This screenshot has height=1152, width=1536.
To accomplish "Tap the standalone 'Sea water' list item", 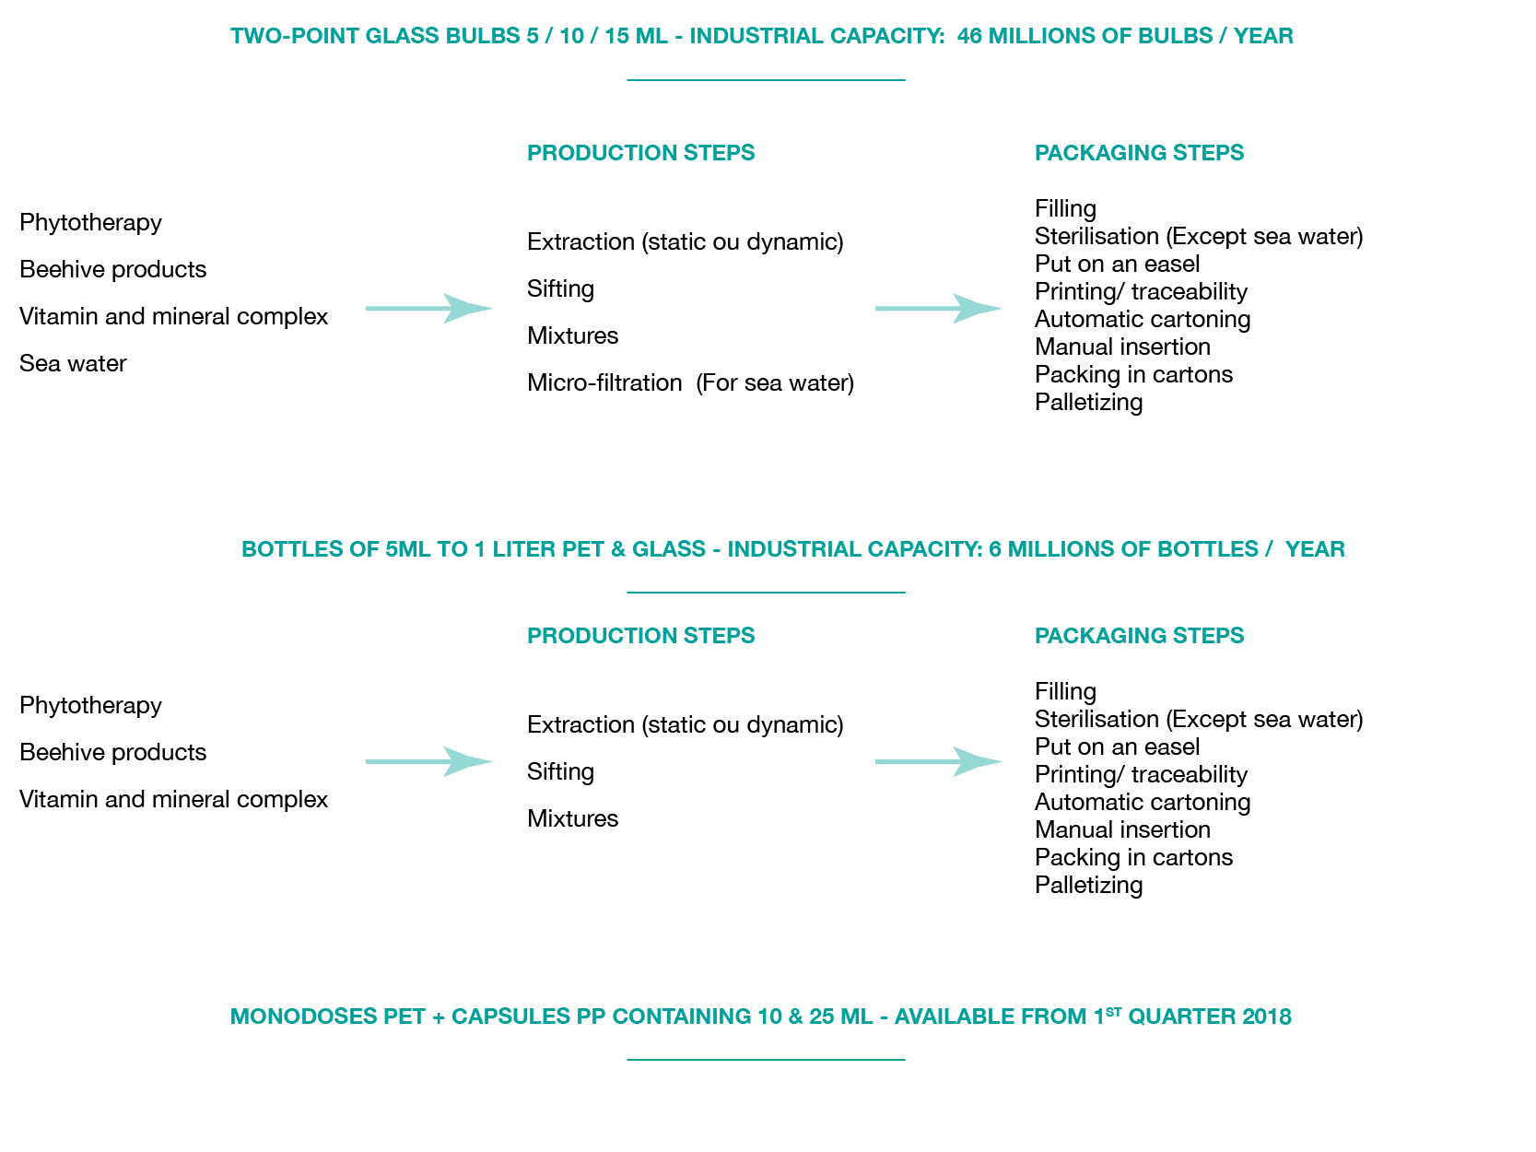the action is pos(73,363).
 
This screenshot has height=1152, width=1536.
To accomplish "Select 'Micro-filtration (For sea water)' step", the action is pos(690,382).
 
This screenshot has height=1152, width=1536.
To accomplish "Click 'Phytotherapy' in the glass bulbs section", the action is pos(90,222).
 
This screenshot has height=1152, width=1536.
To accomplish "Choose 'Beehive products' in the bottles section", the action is pos(112,752).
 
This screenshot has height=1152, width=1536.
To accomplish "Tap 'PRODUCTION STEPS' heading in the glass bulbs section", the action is pos(640,153).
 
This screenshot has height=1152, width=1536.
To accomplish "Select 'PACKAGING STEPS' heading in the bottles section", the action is pos(1139,636).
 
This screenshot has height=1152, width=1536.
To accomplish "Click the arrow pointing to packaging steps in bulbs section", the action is pos(938,308).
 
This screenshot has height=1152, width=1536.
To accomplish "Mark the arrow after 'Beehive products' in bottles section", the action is pos(428,761).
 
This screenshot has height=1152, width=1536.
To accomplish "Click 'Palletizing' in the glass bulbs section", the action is pos(1088,403).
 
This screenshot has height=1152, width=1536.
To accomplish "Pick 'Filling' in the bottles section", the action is pos(1065,691).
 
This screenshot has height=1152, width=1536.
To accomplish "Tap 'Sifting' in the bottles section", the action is pos(560,771).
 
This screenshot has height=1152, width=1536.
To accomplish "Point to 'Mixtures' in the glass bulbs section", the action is pos(572,335).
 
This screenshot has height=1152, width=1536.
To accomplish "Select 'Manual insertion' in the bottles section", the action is pos(1122,829).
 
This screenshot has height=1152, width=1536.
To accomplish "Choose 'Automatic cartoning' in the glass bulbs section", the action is pos(1142,319).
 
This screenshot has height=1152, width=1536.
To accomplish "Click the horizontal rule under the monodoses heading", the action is pos(766,1060).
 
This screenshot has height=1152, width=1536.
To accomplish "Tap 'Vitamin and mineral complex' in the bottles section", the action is pos(173,799).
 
